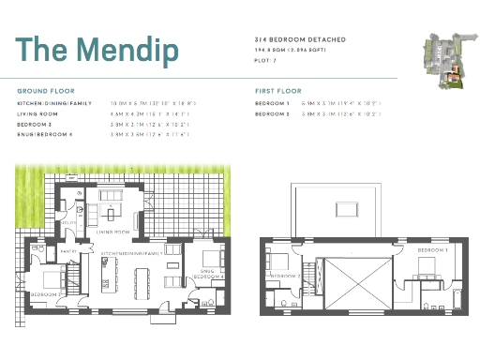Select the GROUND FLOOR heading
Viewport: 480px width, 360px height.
(46, 90)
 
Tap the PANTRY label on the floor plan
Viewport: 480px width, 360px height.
(69, 253)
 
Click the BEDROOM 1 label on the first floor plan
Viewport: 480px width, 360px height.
(432, 250)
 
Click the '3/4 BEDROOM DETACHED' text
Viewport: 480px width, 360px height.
(300, 38)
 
